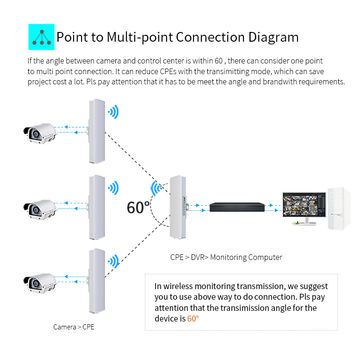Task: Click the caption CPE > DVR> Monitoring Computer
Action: [211, 256]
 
